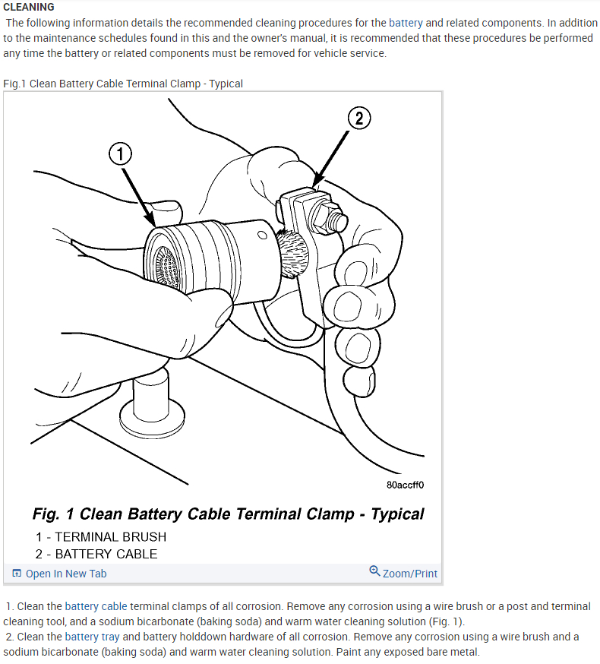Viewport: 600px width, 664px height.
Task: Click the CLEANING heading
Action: (x=28, y=7)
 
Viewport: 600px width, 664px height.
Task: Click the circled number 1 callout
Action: (x=120, y=154)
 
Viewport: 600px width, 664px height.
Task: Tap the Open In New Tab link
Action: (x=66, y=574)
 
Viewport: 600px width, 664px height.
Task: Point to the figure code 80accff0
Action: (x=405, y=484)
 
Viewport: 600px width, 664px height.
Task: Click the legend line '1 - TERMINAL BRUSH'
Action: (x=100, y=536)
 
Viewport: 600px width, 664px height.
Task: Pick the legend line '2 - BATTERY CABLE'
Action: (x=96, y=554)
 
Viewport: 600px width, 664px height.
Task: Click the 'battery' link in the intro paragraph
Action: (x=406, y=23)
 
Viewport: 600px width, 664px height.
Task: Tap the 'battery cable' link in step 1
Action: (x=96, y=606)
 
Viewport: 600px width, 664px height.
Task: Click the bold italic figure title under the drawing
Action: (x=228, y=514)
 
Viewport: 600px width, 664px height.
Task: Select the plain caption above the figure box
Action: (x=123, y=84)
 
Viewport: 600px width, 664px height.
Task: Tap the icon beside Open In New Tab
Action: (x=17, y=574)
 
